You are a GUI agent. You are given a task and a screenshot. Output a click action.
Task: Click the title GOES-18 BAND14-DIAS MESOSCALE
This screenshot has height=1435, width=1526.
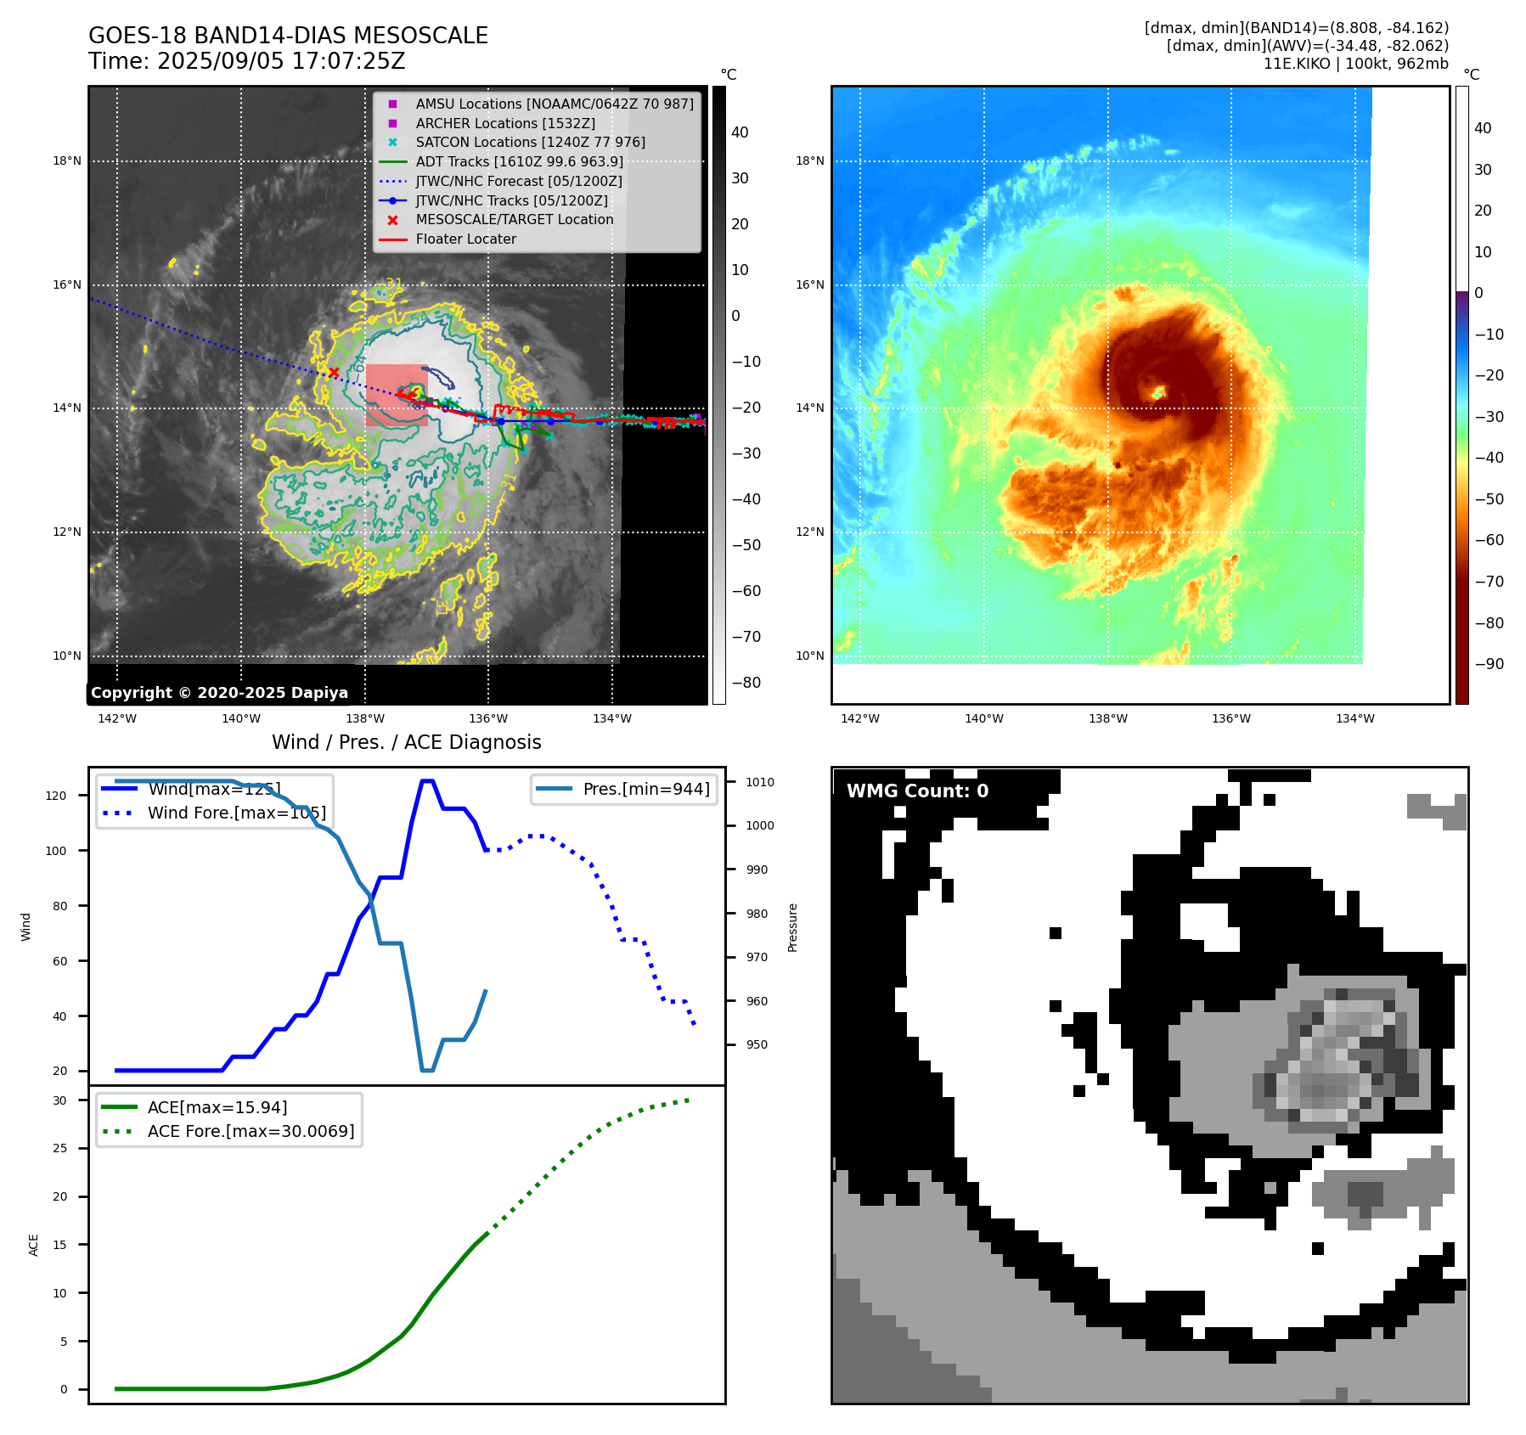[x=288, y=36]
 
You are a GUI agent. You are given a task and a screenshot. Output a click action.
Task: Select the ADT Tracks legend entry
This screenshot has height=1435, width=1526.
[x=519, y=161]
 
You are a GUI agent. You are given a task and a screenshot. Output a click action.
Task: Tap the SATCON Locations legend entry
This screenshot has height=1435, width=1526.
[x=530, y=142]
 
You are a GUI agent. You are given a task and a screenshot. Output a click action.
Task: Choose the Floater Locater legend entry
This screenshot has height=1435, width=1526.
[x=465, y=239]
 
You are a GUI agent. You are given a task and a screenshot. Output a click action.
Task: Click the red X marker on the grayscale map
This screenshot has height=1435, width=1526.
[x=334, y=372]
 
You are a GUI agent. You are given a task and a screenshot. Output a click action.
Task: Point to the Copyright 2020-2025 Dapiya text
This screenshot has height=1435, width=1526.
[x=219, y=693]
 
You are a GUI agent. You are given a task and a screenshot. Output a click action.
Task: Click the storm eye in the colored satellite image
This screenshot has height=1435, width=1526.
[x=1158, y=392]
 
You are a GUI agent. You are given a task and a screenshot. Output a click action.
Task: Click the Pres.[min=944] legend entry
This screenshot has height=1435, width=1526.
[x=645, y=789]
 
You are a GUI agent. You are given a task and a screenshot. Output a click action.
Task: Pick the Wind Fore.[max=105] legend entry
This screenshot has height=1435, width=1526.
[x=236, y=813]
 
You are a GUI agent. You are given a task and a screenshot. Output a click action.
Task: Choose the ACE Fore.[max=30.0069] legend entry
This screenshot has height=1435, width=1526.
[x=251, y=1131]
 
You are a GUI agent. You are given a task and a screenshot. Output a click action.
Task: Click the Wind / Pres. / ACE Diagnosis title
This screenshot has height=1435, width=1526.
[x=406, y=742]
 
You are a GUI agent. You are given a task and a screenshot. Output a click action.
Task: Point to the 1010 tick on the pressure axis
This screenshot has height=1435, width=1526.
[x=760, y=782]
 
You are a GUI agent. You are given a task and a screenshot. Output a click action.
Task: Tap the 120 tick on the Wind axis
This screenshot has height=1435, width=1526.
[x=56, y=796]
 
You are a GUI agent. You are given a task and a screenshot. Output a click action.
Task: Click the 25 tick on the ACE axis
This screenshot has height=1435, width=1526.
[x=59, y=1148]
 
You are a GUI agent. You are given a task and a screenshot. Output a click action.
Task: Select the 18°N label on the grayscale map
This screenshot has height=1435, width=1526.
[x=67, y=160]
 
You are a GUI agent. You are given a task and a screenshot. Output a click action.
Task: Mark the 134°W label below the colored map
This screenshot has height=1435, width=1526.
[x=1354, y=718]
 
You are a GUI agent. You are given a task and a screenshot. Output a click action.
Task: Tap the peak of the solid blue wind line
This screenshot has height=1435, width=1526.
[x=427, y=780]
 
